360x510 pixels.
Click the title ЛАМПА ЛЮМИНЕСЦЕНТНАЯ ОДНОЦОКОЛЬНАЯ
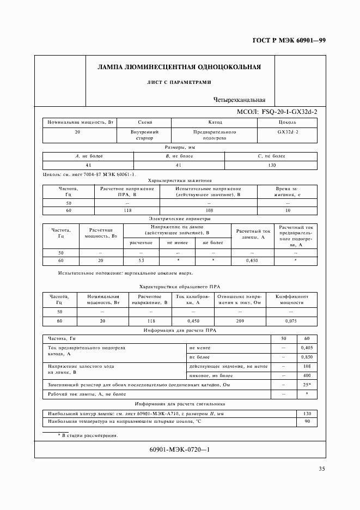[x=179, y=68]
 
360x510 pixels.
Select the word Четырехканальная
[x=240, y=100]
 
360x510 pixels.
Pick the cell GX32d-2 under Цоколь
[x=288, y=132]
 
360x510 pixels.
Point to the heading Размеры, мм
[x=180, y=147]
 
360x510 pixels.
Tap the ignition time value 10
[x=288, y=210]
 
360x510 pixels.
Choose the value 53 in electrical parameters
[x=141, y=261]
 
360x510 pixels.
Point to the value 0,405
[x=307, y=347]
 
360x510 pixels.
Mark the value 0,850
[x=307, y=356]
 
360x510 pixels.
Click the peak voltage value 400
[x=307, y=375]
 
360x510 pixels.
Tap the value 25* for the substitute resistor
[x=307, y=385]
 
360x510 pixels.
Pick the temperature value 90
[x=307, y=421]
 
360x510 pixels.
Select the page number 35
[x=322, y=469]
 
